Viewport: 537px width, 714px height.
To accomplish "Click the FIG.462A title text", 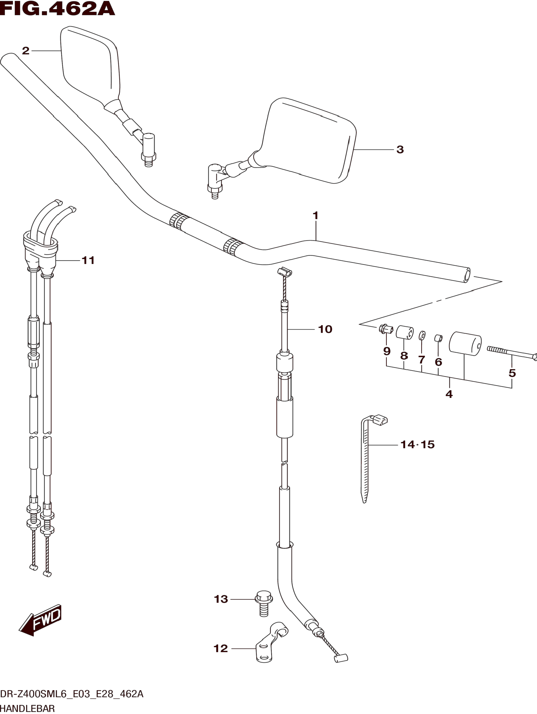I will pyautogui.click(x=57, y=9).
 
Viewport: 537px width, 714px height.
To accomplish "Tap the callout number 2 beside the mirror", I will pyautogui.click(x=25, y=51).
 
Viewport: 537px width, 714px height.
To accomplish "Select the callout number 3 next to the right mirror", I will pyautogui.click(x=400, y=149).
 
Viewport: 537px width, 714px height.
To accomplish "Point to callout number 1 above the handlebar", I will pyautogui.click(x=315, y=216).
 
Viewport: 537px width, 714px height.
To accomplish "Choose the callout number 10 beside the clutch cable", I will pyautogui.click(x=325, y=329).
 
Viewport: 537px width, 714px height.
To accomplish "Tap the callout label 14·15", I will pyautogui.click(x=417, y=445).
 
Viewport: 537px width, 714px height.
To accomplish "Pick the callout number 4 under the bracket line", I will pyautogui.click(x=449, y=394).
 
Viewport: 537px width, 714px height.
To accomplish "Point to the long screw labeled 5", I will pyautogui.click(x=512, y=354).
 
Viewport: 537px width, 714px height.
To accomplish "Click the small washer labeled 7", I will pyautogui.click(x=422, y=336).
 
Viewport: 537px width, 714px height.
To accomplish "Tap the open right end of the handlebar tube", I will pyautogui.click(x=466, y=276).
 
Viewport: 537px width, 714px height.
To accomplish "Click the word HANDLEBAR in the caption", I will pyautogui.click(x=28, y=709).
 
